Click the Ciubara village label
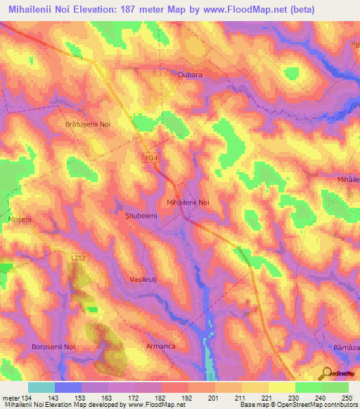tap(190, 74)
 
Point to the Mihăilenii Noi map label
tap(188, 202)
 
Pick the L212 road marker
tap(79, 259)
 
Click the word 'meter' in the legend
tap(11, 398)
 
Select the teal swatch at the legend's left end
tap(41, 387)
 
